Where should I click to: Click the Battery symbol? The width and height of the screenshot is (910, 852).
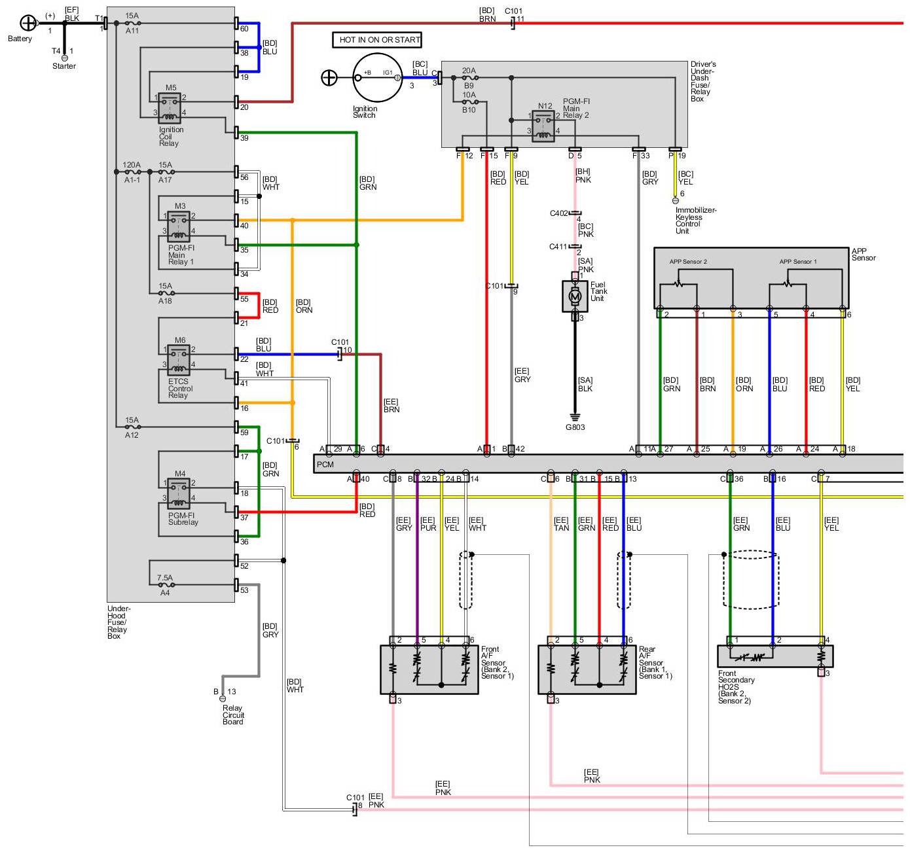28,24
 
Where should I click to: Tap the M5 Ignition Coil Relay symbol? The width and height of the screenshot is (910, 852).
170,107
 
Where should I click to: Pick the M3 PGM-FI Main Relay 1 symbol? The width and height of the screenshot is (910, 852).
178,226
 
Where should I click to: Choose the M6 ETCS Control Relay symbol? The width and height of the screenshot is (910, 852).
178,361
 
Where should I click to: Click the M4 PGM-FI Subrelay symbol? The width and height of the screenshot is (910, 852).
178,494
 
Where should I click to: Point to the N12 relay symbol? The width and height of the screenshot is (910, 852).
543,126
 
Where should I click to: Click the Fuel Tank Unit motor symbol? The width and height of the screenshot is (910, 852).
575,296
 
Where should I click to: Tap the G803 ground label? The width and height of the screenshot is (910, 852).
575,427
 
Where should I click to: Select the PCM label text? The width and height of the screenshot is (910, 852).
325,465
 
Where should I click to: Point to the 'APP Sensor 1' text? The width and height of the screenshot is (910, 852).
797,262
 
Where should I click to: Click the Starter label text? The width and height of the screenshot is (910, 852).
64,66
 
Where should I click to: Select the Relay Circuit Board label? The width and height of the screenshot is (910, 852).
232,715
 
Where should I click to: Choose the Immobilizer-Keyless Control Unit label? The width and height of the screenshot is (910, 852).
695,221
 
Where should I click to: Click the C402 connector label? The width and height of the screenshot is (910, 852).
558,213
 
